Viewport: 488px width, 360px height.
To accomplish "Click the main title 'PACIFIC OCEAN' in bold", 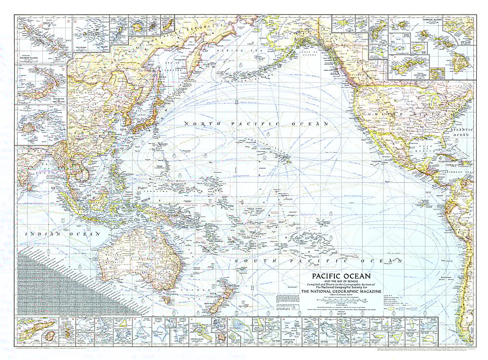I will [333, 276].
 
